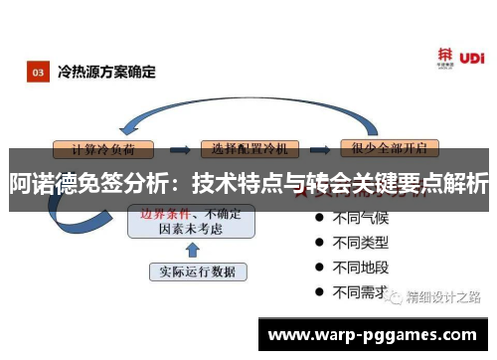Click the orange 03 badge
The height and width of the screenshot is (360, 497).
click(x=38, y=72)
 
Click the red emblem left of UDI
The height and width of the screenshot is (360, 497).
click(x=446, y=56)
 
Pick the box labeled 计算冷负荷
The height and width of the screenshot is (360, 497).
click(x=108, y=148)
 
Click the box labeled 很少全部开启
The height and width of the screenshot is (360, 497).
click(x=389, y=148)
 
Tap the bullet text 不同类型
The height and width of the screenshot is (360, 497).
click(x=360, y=242)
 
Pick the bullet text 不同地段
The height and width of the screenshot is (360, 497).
click(x=360, y=268)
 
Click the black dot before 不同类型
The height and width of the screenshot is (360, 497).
click(x=319, y=242)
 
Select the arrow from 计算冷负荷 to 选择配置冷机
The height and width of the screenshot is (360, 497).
click(x=178, y=148)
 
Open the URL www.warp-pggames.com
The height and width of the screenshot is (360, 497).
click(x=373, y=334)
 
